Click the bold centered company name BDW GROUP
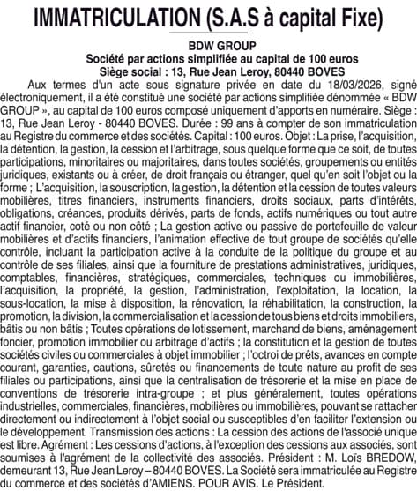208,44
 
